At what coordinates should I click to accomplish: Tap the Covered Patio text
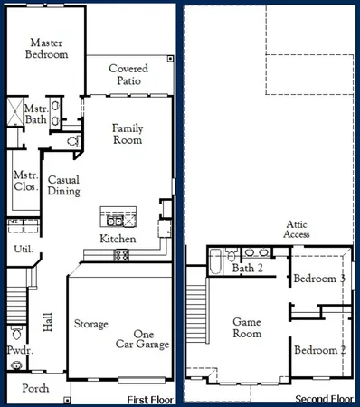pyautogui.click(x=128, y=75)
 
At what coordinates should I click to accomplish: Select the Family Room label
pyautogui.click(x=128, y=135)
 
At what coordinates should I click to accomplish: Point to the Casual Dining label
pyautogui.click(x=63, y=185)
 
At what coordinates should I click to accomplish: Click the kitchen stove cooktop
pyautogui.click(x=121, y=255)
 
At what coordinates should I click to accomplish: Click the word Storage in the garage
pyautogui.click(x=91, y=324)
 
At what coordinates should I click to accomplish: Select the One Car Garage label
pyautogui.click(x=137, y=338)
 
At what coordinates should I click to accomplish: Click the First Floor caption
pyautogui.click(x=150, y=399)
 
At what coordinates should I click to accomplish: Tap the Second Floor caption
pyautogui.click(x=324, y=399)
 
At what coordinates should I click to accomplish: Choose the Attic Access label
pyautogui.click(x=297, y=229)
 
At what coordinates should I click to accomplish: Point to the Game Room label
pyautogui.click(x=247, y=327)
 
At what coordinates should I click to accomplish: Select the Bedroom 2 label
pyautogui.click(x=319, y=350)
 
